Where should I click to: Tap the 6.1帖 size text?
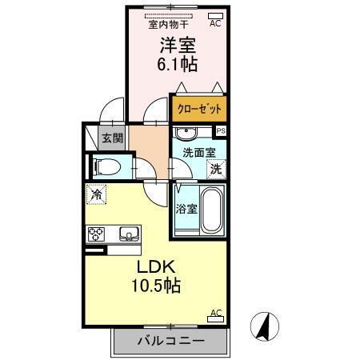coord(177,64)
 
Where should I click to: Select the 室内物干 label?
coord(167,25)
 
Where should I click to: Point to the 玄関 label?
coord(111,138)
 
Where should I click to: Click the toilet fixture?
coord(106,167)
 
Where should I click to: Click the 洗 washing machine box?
coord(215,168)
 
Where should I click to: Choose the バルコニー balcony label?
coord(169,341)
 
